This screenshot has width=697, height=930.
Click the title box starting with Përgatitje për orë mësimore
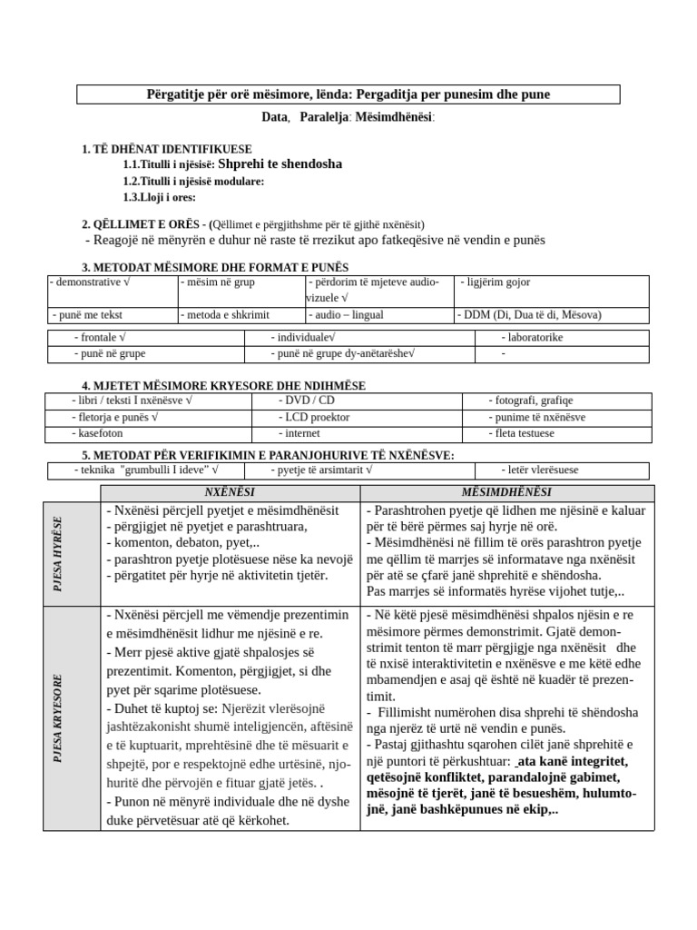point(348,94)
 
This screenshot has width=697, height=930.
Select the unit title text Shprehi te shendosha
point(280,164)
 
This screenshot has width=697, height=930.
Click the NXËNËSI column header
point(230,491)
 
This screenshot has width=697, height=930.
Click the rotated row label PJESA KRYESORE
point(59,717)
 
